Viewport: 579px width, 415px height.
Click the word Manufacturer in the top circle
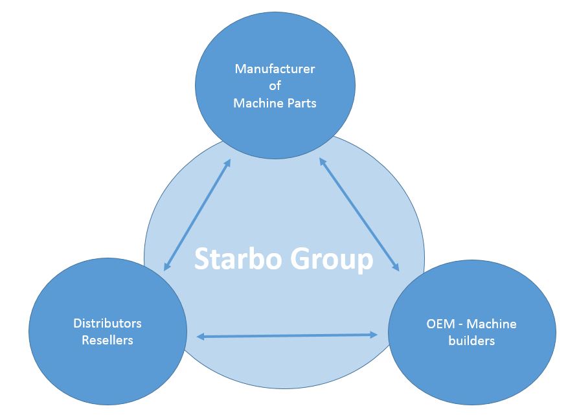coord(275,69)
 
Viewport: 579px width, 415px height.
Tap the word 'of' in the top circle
coord(275,85)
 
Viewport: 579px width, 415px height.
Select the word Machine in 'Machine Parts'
coord(258,103)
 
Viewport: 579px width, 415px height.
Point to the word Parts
coord(301,103)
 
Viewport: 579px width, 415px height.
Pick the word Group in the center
coord(333,259)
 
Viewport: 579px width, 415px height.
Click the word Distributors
coord(107,323)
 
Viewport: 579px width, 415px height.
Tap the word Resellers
coord(107,340)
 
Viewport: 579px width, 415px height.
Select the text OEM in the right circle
coord(431,324)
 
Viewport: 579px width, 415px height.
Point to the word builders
coord(471,341)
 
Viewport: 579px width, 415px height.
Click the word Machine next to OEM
coord(492,324)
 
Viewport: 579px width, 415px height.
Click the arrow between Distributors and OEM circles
coord(287,335)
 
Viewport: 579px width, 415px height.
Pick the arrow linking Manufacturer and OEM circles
coord(359,215)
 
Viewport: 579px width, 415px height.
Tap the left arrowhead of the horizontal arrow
coord(200,337)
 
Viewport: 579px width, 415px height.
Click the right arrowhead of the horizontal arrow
coord(374,334)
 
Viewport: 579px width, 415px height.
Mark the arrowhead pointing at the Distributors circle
coord(167,265)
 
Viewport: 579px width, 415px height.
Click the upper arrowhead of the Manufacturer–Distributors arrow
coord(227,163)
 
